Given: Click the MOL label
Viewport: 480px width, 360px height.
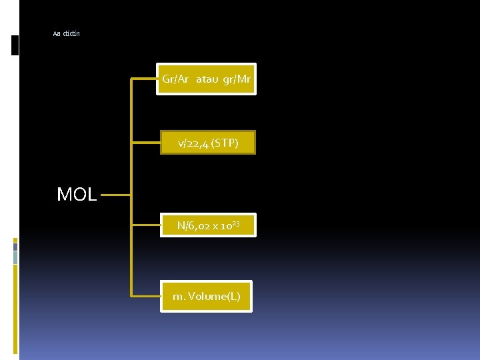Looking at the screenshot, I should tap(77, 195).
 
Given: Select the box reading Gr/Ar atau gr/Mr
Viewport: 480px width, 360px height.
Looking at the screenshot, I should tap(207, 79).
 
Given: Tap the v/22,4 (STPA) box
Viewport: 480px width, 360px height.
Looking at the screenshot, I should tap(207, 142).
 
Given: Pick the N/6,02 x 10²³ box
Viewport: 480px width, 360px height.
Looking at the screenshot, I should tap(207, 225).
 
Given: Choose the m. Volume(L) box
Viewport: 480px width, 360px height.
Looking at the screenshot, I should tap(206, 296).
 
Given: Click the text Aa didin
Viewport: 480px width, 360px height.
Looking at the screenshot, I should tap(66, 33).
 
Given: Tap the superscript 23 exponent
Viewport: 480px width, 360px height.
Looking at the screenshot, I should tap(235, 223).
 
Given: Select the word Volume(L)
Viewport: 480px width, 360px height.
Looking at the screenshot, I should tap(214, 296).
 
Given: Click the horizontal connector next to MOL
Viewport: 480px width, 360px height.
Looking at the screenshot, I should tap(115, 196).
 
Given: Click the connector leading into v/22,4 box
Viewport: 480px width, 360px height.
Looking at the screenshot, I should tap(146, 142).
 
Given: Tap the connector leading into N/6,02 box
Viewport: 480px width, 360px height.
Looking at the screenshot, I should tap(146, 225).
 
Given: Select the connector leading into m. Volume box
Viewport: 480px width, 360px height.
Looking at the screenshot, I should tap(146, 295).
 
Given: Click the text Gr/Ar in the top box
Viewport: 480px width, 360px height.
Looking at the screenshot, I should tap(175, 79).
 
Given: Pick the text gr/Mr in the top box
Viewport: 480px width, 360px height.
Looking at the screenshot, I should tap(238, 79).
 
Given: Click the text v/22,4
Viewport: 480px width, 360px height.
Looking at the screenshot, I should tap(192, 143).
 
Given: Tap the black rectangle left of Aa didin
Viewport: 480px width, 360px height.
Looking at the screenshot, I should tap(15, 45).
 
